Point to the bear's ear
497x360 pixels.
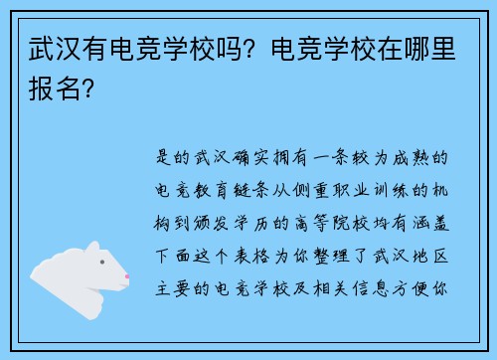click(x=92, y=249)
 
